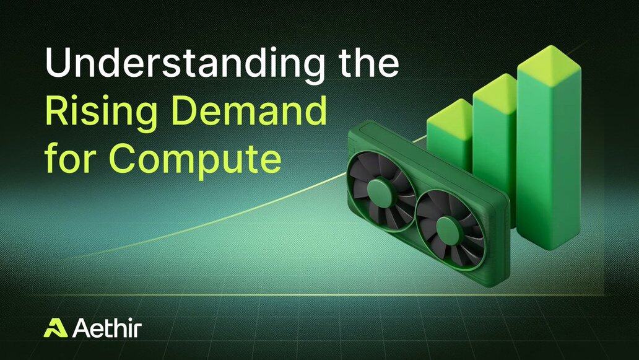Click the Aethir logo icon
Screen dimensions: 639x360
[56, 328]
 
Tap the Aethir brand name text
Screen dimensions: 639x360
[106, 328]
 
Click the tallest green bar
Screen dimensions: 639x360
[549, 155]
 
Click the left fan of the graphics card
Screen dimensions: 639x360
[381, 191]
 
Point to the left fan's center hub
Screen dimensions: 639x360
[380, 191]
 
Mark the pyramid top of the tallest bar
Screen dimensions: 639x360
[549, 65]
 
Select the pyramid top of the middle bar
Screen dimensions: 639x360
[494, 93]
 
